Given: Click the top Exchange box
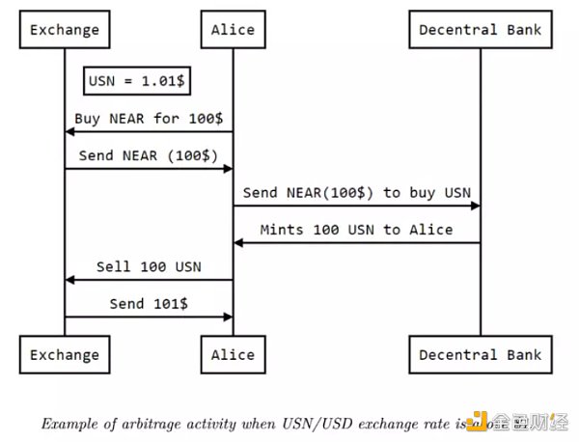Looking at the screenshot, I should point(65,30).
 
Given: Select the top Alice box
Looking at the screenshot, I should point(233,30).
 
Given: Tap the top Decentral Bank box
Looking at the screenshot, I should point(480,30).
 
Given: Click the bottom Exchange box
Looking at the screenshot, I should point(65,354).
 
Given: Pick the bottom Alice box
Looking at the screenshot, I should point(233,354).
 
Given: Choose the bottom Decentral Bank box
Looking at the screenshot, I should point(480,354).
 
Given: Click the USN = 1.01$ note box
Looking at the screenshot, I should point(137,81).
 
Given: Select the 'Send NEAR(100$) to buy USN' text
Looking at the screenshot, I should point(356,193).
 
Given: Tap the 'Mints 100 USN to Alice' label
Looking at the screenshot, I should point(356,230).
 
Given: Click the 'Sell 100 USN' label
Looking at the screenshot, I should point(149,266).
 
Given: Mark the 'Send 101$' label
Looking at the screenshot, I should point(149,303).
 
